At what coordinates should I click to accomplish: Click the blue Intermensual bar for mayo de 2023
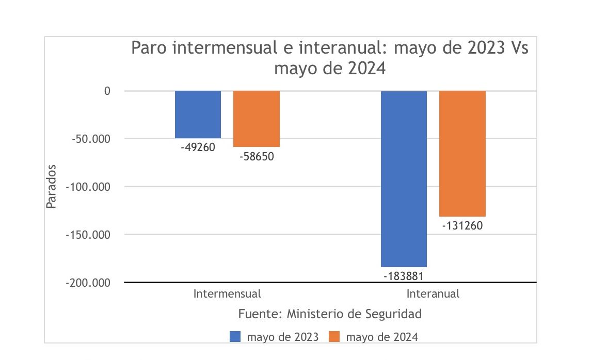tap(198, 114)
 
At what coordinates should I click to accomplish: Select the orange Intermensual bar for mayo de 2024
tap(257, 119)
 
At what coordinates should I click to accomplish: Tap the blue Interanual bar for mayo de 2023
tap(404, 178)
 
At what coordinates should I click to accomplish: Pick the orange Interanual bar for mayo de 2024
tap(462, 154)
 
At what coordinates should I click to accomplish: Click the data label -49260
tap(198, 148)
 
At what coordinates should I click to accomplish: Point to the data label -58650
tap(257, 156)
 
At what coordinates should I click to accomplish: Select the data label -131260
tap(462, 225)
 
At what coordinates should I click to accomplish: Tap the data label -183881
tap(404, 275)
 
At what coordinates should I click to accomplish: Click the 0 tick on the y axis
tap(107, 91)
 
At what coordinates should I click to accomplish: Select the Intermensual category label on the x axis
tap(227, 294)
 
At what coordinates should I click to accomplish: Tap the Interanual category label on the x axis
tap(433, 294)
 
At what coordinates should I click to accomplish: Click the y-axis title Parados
tap(51, 187)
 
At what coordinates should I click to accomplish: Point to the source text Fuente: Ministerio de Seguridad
tap(330, 314)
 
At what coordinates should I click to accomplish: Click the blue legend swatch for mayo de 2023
tap(236, 337)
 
